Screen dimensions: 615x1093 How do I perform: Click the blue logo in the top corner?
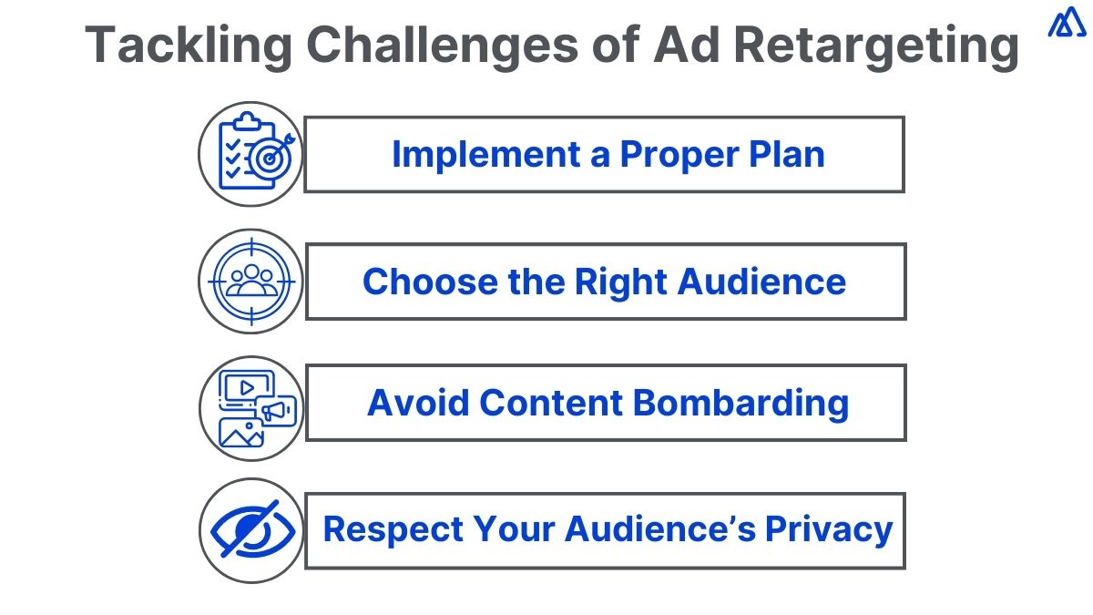[x=1066, y=23]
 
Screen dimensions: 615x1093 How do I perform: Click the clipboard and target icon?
[x=250, y=154]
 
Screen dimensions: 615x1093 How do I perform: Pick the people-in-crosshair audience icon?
[x=250, y=281]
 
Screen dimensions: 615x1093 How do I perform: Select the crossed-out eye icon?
[x=250, y=530]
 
